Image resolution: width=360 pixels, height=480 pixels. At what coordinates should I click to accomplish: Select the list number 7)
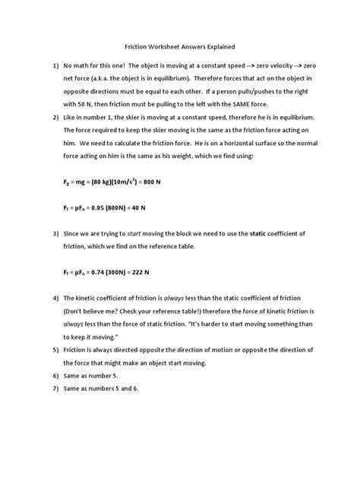(x=55, y=390)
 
